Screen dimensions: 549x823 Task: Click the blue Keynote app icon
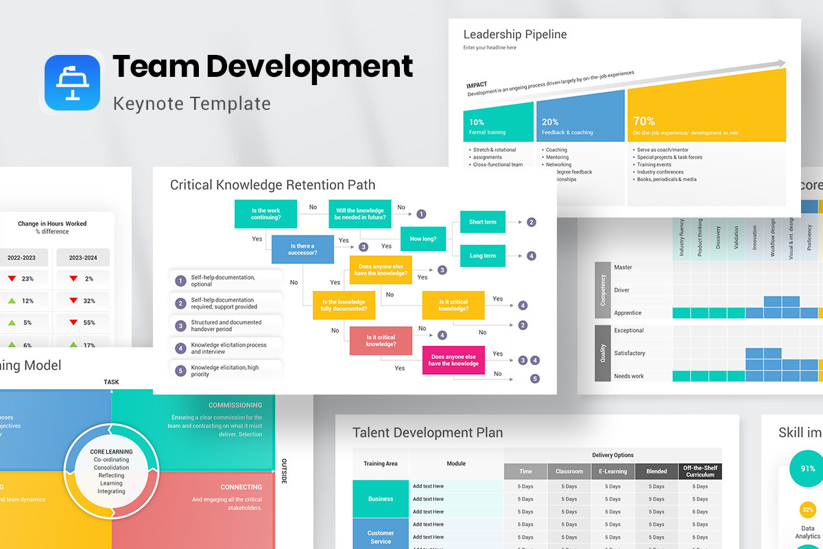click(72, 82)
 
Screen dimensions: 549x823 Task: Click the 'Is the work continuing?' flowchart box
click(265, 214)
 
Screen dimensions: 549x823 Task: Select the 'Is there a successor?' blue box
click(303, 249)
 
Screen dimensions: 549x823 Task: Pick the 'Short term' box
click(482, 222)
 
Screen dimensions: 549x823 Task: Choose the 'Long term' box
click(482, 256)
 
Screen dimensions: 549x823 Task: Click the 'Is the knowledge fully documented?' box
click(344, 305)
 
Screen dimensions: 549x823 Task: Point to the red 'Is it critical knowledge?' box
click(381, 341)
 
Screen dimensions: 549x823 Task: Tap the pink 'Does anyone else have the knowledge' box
click(453, 360)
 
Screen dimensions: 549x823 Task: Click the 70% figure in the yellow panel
click(643, 121)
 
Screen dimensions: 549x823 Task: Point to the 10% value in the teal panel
click(476, 122)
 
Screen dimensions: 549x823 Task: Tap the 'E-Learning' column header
click(613, 471)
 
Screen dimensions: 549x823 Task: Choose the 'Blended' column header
click(656, 471)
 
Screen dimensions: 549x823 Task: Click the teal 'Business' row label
click(380, 499)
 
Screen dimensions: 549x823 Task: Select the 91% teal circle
click(802, 469)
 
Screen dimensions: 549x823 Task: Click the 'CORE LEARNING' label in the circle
click(111, 452)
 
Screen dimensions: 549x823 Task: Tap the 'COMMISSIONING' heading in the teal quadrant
click(235, 405)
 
